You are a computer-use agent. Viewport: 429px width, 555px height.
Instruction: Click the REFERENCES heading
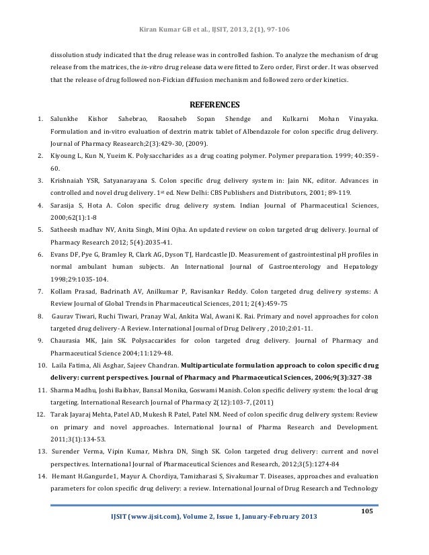[x=214, y=104]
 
